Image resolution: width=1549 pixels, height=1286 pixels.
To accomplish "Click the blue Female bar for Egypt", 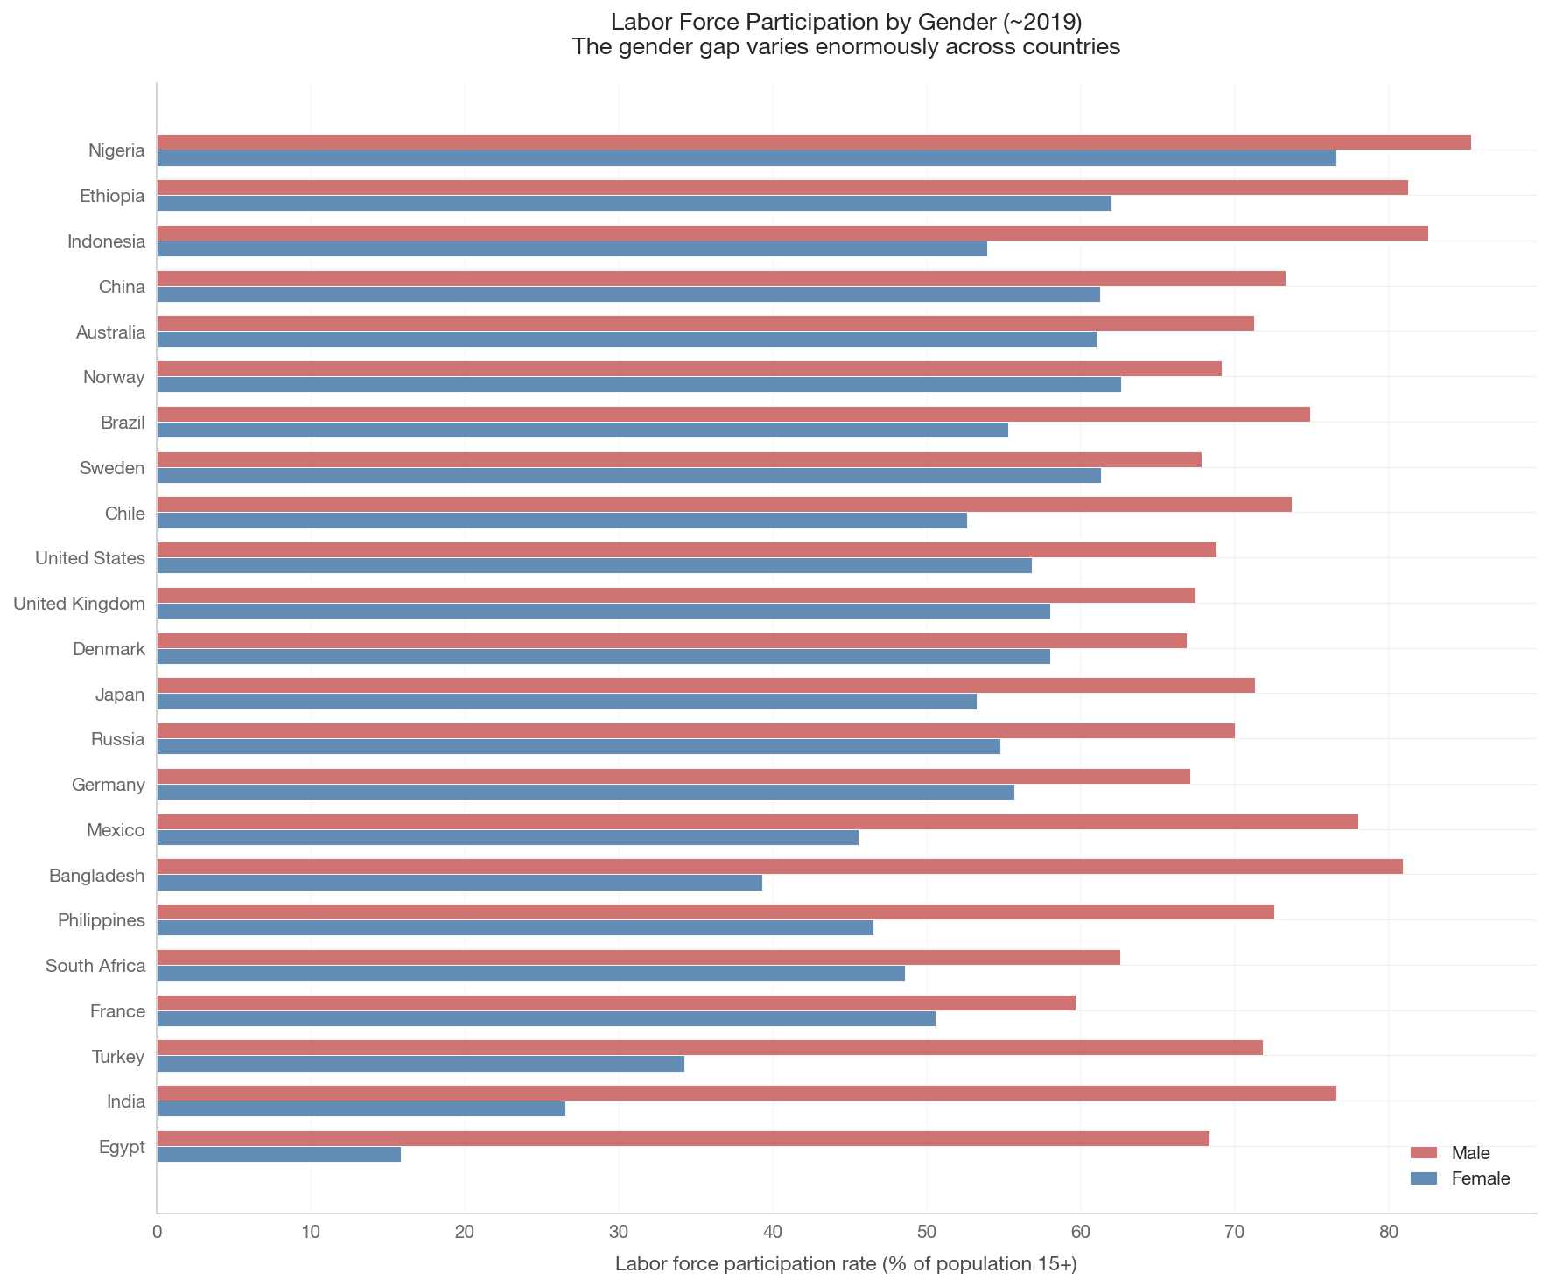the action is (279, 1154).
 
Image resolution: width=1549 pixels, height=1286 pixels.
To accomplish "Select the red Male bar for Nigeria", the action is (814, 142).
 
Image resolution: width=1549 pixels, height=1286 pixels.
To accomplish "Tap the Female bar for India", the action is (361, 1108).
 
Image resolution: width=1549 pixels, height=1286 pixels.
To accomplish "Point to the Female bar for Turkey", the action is (421, 1064).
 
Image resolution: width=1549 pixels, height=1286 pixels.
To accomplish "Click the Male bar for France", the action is (616, 1003).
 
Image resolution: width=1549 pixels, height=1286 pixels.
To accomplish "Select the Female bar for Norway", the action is (639, 384).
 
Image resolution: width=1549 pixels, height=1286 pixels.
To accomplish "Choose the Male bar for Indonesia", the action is (793, 233).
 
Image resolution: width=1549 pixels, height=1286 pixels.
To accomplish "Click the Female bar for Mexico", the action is (508, 837).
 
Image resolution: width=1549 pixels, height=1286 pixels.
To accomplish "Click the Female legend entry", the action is (1461, 1178).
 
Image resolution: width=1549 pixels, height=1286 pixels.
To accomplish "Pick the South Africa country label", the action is (95, 966).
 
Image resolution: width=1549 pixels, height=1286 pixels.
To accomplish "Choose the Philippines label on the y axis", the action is (102, 920).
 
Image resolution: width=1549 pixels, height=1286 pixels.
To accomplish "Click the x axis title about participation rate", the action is (846, 1264).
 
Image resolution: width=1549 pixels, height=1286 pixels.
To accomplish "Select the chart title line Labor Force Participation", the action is (846, 22).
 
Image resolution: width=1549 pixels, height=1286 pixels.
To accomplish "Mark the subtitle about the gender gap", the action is (846, 47).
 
